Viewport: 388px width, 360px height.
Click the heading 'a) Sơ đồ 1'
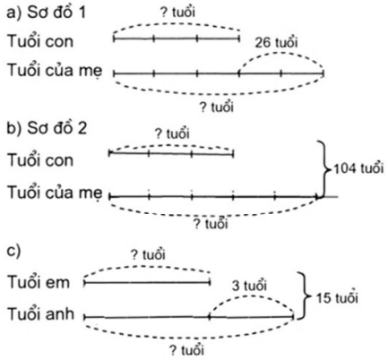tap(46, 13)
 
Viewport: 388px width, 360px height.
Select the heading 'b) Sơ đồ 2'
tap(47, 128)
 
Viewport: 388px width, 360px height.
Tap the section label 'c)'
tap(13, 251)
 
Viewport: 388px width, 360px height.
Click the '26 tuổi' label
tap(276, 43)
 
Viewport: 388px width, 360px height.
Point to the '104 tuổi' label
tap(358, 168)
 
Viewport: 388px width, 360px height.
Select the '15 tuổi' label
tap(337, 297)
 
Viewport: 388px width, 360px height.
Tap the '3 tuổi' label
tap(249, 286)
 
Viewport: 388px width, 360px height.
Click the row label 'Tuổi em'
tap(39, 282)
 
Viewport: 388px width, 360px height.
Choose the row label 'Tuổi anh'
tap(40, 314)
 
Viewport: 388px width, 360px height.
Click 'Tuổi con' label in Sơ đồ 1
tap(40, 41)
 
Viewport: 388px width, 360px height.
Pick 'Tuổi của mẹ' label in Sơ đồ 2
tap(55, 193)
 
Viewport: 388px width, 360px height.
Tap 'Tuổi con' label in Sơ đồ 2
tap(40, 160)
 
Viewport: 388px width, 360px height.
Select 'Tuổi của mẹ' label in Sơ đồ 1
tap(55, 71)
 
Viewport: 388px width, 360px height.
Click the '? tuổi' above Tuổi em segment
tap(148, 254)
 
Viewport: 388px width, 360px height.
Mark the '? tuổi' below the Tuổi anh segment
tap(187, 350)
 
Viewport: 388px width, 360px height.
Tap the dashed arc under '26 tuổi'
tap(280, 53)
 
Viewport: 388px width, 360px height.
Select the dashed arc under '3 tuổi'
tap(250, 296)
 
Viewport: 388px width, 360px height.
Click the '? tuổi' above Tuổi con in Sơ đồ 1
tap(177, 13)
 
